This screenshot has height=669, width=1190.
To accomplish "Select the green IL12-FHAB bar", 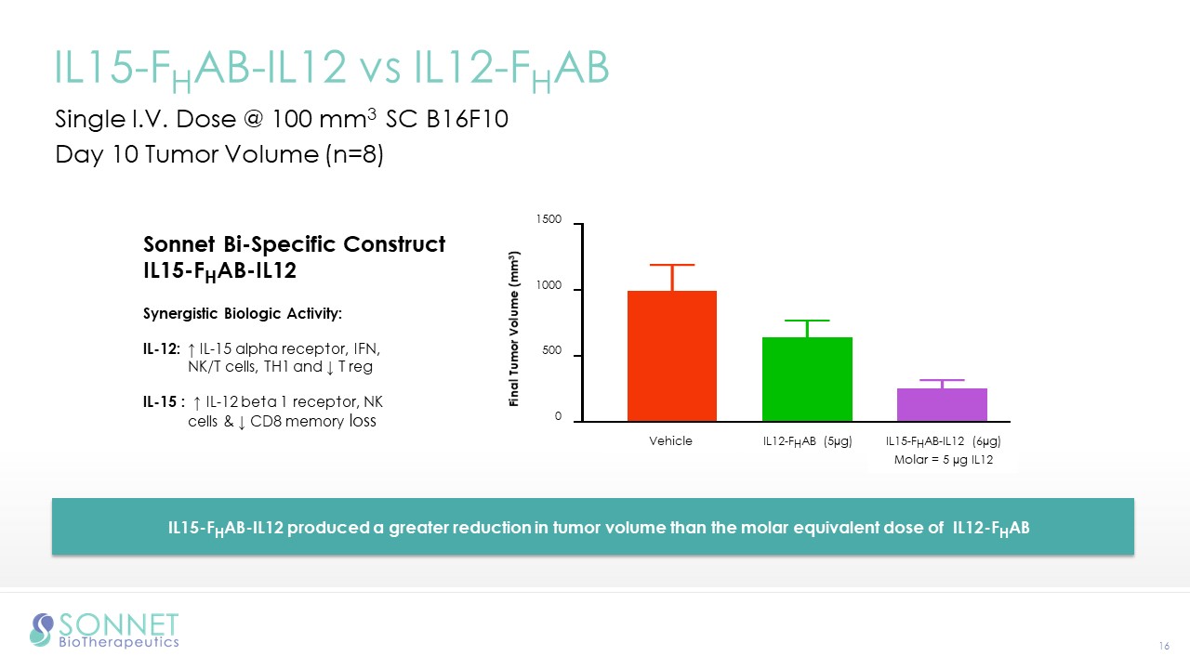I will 807,379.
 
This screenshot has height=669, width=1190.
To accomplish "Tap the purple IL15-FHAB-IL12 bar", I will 943,405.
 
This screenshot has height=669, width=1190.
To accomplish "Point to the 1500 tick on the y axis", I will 549,220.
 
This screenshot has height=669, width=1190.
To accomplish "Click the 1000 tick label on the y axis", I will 549,287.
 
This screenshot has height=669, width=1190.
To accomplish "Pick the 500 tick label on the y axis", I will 551,353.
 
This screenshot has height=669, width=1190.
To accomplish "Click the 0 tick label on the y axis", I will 558,417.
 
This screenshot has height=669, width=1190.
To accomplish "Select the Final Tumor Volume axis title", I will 514,330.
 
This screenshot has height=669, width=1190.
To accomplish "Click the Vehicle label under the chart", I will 670,441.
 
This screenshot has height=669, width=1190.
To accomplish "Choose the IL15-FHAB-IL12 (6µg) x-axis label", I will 943,441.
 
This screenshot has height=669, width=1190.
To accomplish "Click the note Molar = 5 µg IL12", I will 943,461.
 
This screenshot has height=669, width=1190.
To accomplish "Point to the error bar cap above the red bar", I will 671,265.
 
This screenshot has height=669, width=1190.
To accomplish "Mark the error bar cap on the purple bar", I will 943,380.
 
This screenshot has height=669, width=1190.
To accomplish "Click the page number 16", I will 1163,646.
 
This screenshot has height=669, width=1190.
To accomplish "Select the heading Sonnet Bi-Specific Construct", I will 294,244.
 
